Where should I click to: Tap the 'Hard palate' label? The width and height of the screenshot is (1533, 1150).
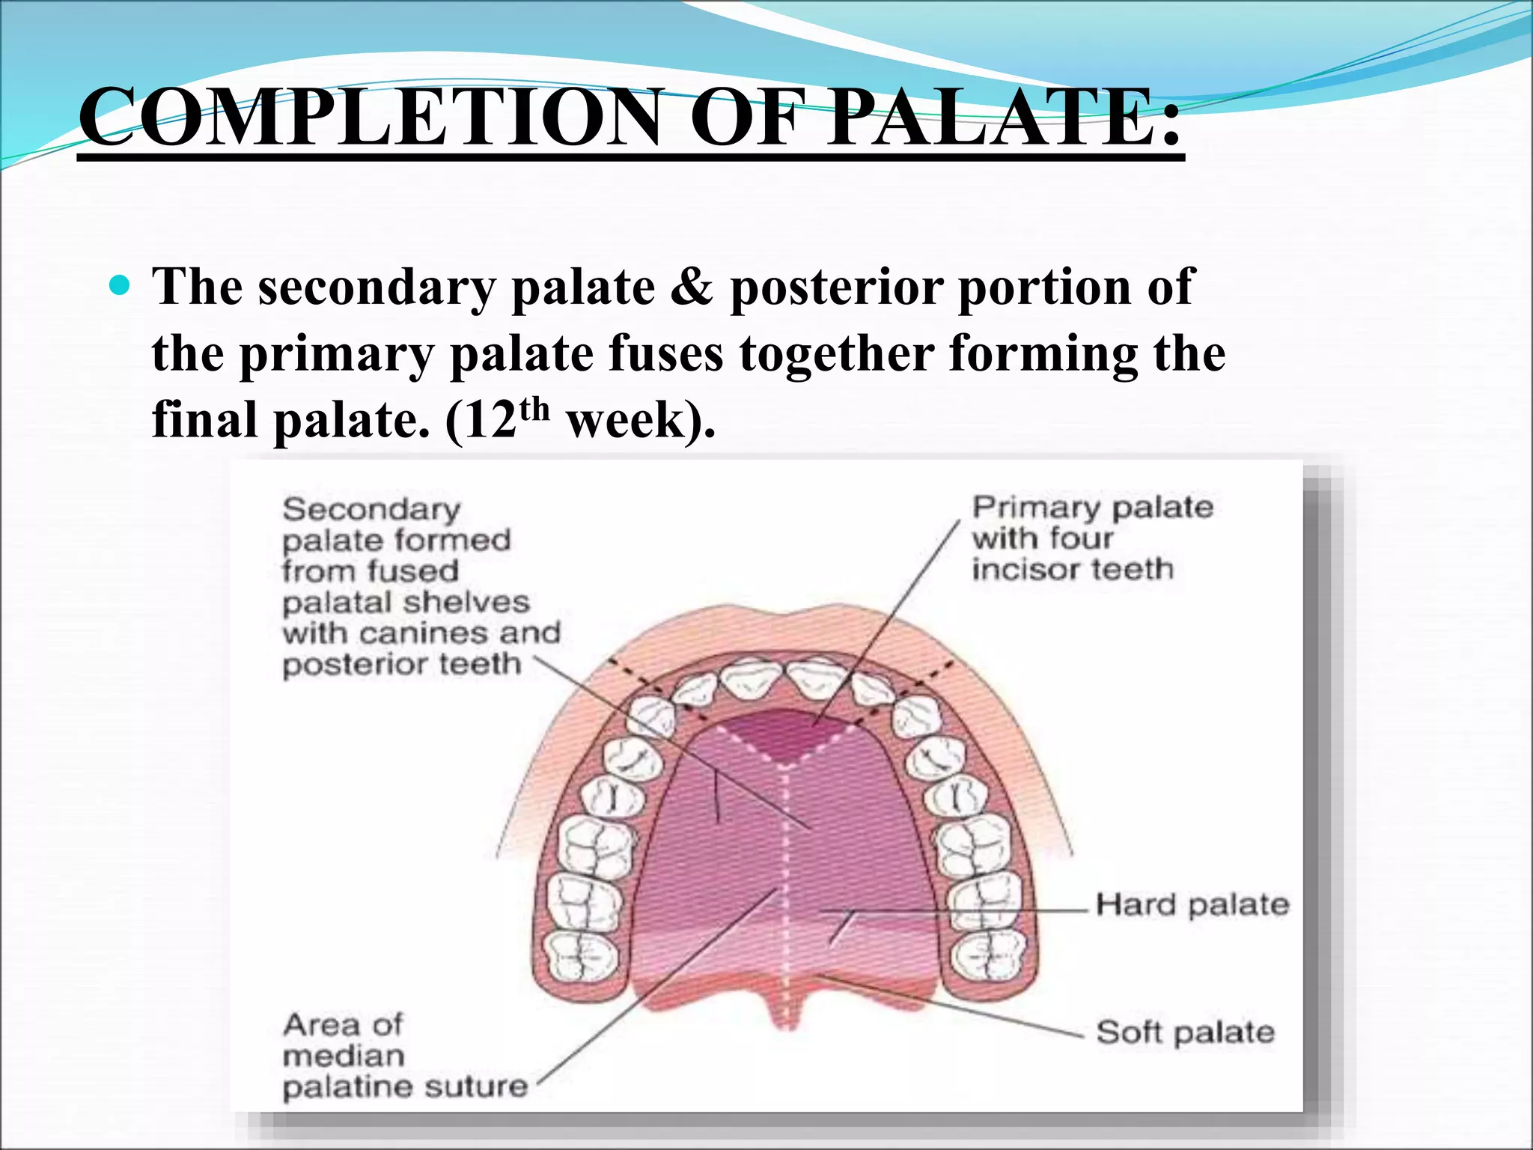(1192, 904)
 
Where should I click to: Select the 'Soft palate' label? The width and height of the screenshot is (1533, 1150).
(1184, 1032)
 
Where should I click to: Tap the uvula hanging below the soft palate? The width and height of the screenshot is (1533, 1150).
(784, 1007)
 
